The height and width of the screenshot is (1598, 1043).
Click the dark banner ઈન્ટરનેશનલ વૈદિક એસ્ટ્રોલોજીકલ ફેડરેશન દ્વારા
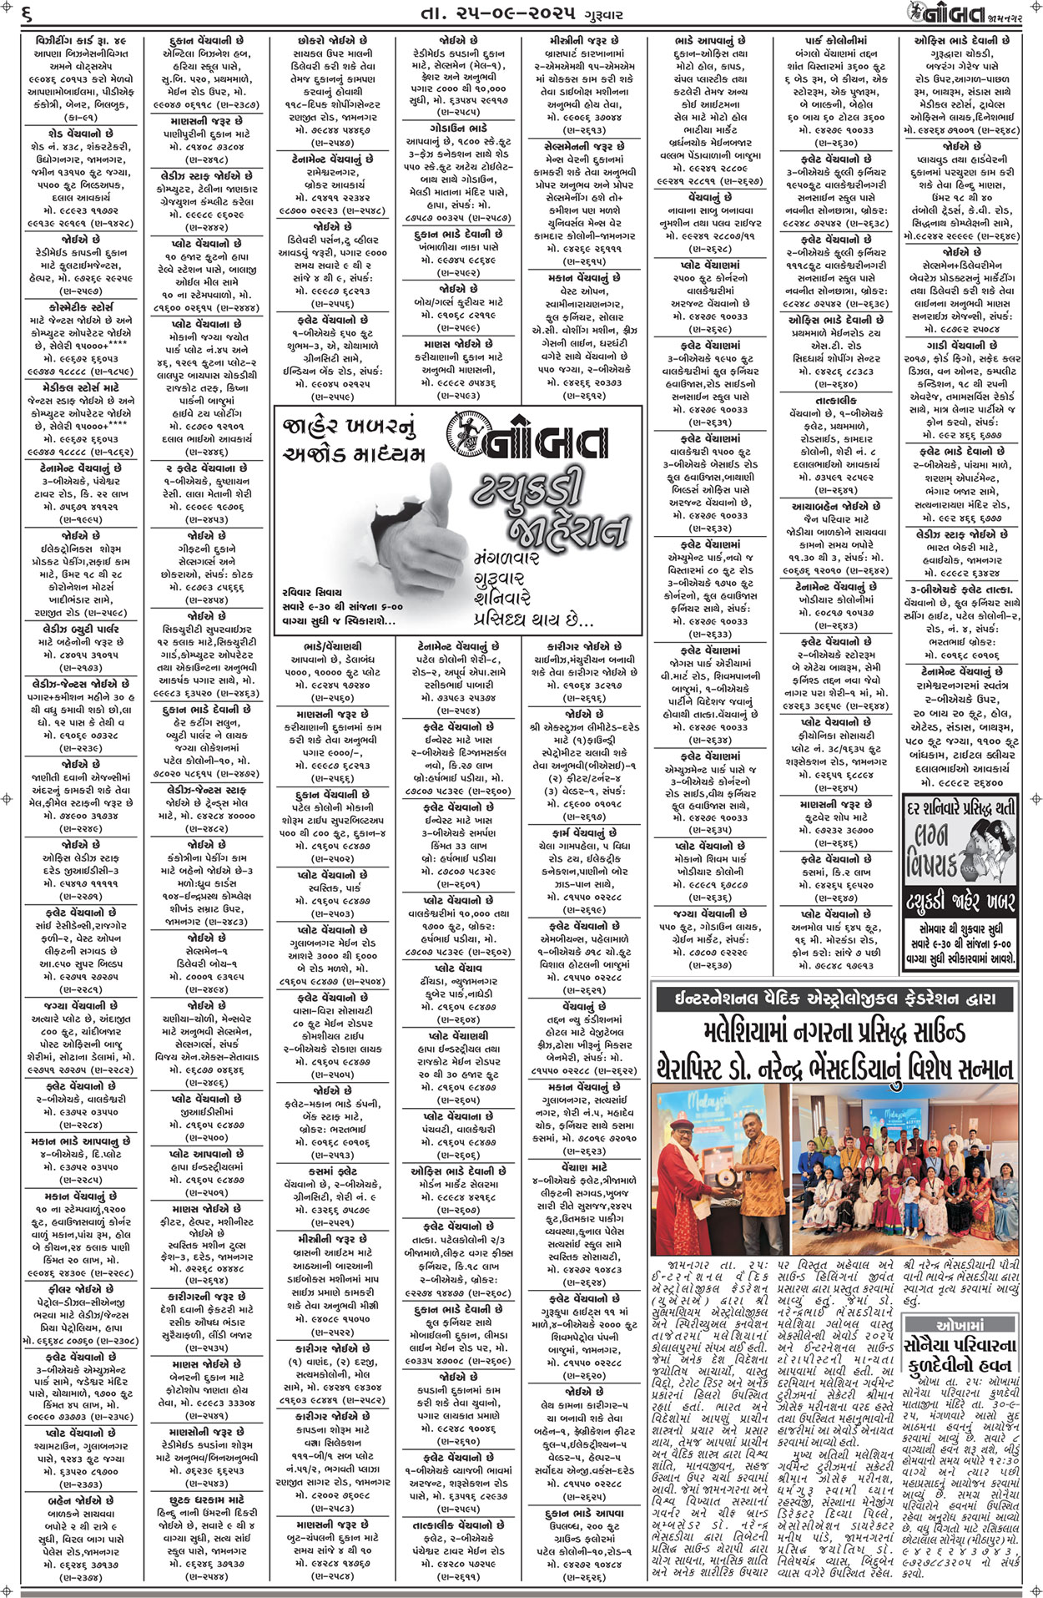tap(836, 999)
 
